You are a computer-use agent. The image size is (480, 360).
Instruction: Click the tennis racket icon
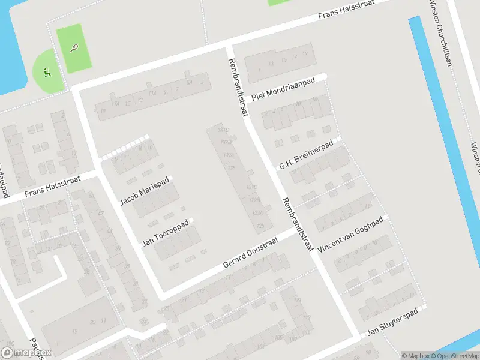[74, 47]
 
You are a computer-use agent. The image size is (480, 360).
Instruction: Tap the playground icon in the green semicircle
[47, 74]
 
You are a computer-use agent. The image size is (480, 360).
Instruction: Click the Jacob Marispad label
[145, 191]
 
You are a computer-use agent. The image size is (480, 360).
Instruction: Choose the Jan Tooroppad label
[165, 233]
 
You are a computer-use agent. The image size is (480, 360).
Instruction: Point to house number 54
[190, 82]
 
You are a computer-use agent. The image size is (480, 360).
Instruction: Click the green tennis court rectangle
[74, 49]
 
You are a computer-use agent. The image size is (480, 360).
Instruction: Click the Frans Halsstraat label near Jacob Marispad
[52, 188]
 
